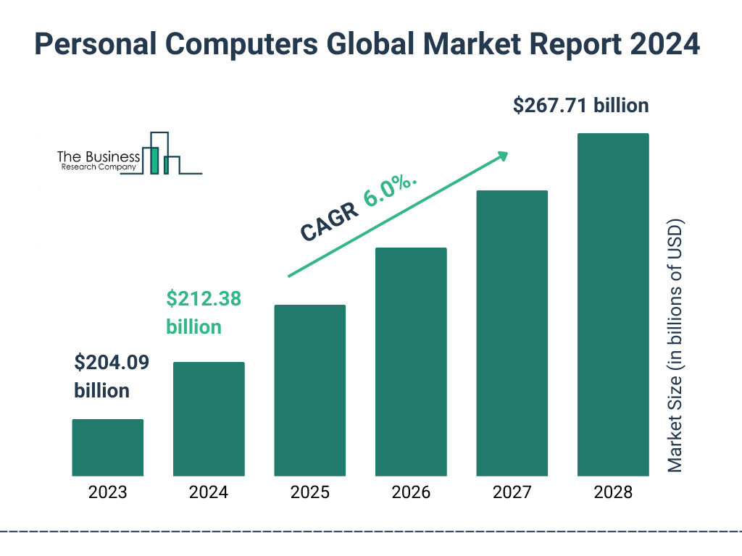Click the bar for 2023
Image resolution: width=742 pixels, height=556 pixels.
click(x=107, y=447)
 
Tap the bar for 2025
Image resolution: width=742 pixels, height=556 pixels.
click(x=309, y=390)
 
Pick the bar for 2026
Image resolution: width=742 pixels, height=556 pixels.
click(x=411, y=362)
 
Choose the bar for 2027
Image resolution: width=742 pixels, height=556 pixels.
click(x=512, y=333)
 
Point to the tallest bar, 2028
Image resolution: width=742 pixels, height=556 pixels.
click(x=613, y=305)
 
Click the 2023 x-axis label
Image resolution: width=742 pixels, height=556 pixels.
click(x=107, y=493)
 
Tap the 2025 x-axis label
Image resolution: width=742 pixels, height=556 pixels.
click(x=309, y=493)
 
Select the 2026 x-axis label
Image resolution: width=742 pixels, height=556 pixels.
click(x=411, y=493)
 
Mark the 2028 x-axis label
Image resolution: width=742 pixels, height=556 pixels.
click(x=613, y=493)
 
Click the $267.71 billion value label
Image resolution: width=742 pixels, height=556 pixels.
click(x=580, y=106)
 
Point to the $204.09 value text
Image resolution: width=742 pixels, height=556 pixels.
click(x=112, y=362)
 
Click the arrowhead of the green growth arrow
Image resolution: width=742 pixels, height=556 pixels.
click(x=502, y=156)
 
